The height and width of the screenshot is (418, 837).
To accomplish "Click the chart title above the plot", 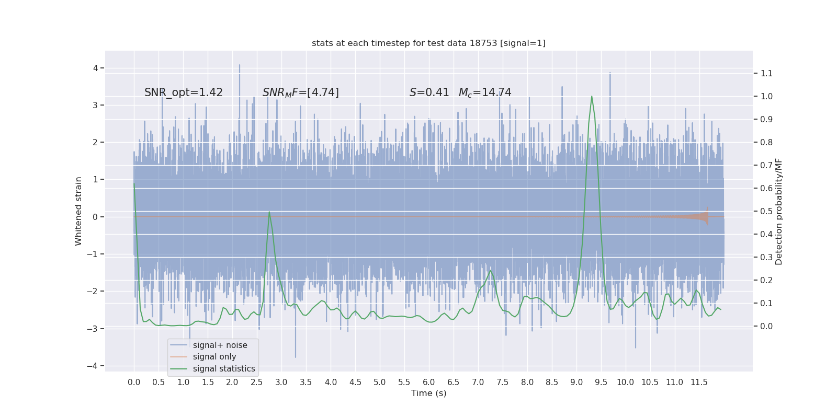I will coord(428,43).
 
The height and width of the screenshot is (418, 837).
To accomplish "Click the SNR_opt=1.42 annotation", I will coord(184,92).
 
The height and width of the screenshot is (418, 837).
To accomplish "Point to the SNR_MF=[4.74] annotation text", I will coord(301,92).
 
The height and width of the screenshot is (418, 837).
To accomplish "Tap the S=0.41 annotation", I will coord(429,92).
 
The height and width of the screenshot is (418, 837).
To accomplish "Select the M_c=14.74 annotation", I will coord(485,92).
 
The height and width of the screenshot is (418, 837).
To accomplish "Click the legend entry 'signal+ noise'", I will coord(220,345).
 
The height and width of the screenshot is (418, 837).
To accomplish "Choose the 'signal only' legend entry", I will coord(214,357).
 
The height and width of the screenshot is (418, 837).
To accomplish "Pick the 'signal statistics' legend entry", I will coord(224,369).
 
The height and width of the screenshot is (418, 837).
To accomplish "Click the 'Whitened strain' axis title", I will coord(78,211).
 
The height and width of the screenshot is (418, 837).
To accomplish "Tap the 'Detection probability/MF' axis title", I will coord(779,211).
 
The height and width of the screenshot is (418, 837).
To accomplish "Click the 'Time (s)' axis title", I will coord(428,393).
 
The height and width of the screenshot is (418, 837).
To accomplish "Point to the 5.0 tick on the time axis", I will coord(380,382).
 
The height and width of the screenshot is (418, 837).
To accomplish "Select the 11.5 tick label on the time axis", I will coord(699,382).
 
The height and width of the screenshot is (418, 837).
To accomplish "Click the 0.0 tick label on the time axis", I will coord(134,382).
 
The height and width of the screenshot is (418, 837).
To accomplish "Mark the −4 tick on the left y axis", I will coord(94,366).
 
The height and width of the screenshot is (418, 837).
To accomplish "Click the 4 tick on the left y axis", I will coord(95,68).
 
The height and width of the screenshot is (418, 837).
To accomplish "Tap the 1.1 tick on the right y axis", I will coord(766,73).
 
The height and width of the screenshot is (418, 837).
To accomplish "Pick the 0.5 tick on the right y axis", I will coord(766,211).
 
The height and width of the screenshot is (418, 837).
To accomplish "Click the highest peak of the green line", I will coord(592,96).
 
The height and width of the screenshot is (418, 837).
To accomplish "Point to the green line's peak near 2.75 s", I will coord(269,212).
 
